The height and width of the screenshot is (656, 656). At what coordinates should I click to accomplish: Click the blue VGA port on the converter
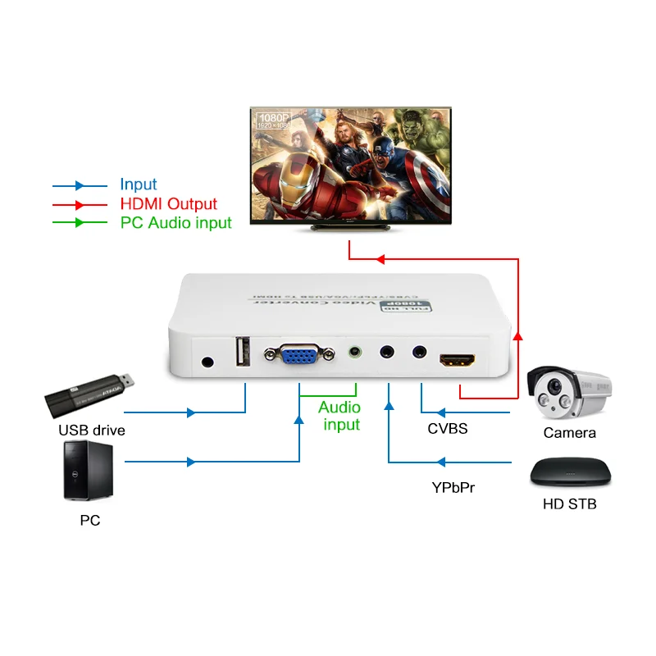(x=299, y=355)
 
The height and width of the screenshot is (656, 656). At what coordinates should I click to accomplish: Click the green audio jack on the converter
(x=354, y=353)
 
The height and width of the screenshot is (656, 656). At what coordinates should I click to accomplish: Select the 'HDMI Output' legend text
(x=168, y=204)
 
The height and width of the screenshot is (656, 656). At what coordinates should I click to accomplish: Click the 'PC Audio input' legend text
(x=175, y=222)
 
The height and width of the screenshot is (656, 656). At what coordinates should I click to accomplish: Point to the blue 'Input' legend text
(x=138, y=185)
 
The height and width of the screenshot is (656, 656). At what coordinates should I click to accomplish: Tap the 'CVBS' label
(x=447, y=428)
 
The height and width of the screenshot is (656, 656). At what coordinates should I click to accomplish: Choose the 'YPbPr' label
(x=453, y=487)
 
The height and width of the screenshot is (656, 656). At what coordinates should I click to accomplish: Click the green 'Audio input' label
(x=340, y=416)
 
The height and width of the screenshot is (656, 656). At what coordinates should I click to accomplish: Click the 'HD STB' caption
(x=570, y=503)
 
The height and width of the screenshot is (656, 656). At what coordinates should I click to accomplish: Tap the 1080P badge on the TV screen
(x=273, y=121)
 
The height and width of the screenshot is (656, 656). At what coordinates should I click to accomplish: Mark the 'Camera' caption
(x=569, y=432)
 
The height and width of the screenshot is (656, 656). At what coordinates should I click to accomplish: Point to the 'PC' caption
(x=90, y=520)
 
